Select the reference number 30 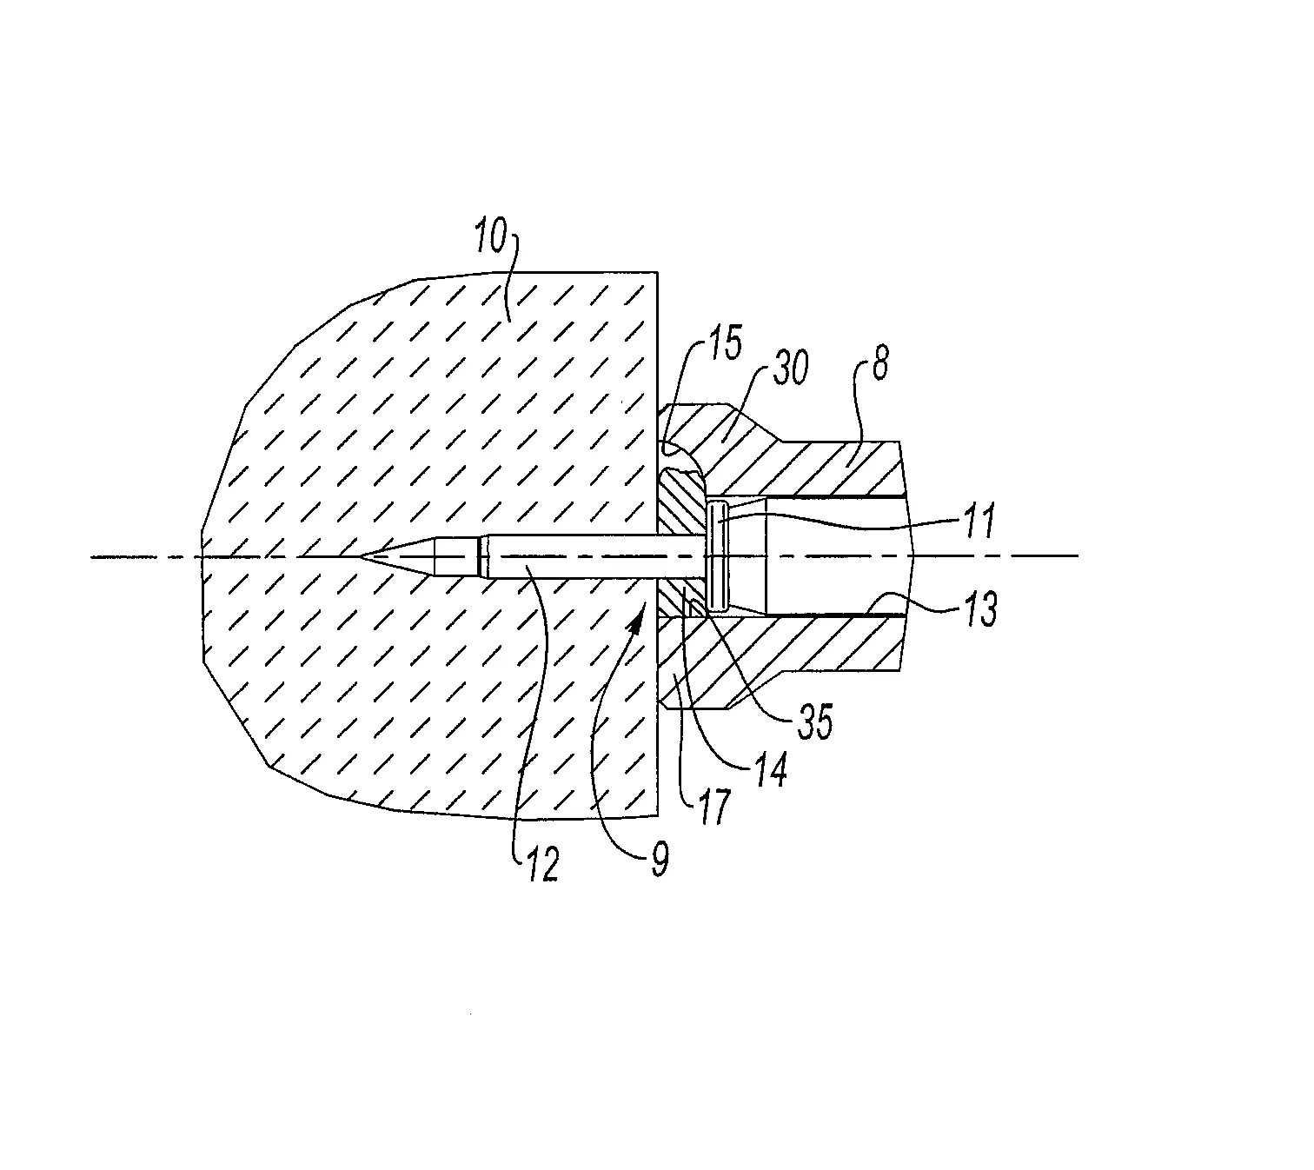[x=791, y=368]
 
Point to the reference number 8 [x=879, y=364]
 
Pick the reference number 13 [x=981, y=609]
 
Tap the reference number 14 [x=771, y=770]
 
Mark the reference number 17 [x=715, y=807]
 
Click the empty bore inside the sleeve [x=837, y=556]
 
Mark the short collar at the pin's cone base [x=483, y=556]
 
